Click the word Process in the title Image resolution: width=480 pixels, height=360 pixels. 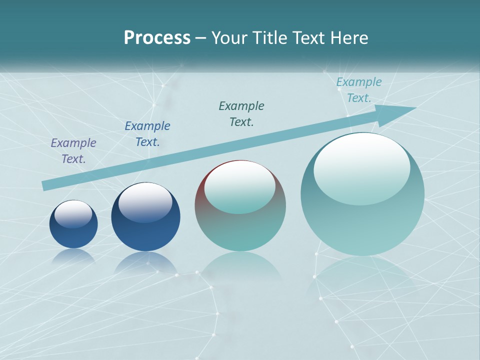tap(157, 38)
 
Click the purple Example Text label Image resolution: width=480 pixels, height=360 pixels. tap(73, 151)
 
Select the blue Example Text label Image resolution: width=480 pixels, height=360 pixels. tap(147, 134)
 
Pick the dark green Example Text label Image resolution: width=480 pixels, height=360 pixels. tap(241, 114)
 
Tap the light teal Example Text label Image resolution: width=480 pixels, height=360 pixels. tap(359, 90)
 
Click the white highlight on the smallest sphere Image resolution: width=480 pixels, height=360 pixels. tap(73, 214)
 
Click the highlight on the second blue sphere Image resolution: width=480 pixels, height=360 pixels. tap(145, 202)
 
